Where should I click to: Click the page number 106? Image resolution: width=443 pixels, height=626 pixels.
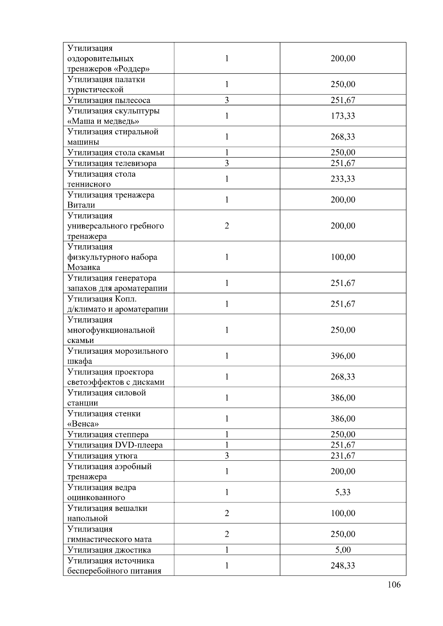pyautogui.click(x=394, y=584)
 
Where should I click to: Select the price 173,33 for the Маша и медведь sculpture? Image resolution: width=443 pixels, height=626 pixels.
pyautogui.click(x=343, y=116)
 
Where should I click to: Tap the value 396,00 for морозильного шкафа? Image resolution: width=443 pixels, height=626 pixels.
pyautogui.click(x=343, y=356)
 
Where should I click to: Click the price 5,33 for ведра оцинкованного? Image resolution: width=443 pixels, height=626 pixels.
pyautogui.click(x=343, y=492)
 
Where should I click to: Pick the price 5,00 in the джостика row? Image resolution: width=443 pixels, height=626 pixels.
pyautogui.click(x=343, y=550)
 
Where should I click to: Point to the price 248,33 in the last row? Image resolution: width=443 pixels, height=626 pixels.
pyautogui.click(x=343, y=566)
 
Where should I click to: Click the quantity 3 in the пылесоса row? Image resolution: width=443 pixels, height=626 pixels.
pyautogui.click(x=227, y=100)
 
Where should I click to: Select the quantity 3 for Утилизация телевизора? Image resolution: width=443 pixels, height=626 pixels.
pyautogui.click(x=227, y=163)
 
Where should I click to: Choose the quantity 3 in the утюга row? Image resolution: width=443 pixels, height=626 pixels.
pyautogui.click(x=227, y=456)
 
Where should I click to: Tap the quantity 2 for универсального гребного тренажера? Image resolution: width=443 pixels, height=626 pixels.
pyautogui.click(x=227, y=226)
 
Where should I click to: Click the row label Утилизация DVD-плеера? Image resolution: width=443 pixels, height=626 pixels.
pyautogui.click(x=115, y=445)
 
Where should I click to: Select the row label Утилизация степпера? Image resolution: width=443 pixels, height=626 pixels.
pyautogui.click(x=108, y=435)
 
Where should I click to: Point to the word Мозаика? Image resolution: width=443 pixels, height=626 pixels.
pyautogui.click(x=83, y=267)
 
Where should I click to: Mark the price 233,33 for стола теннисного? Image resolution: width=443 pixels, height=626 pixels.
pyautogui.click(x=343, y=179)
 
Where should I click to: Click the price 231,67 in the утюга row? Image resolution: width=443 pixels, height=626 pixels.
pyautogui.click(x=343, y=456)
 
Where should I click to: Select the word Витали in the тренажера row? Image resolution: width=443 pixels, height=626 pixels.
pyautogui.click(x=81, y=205)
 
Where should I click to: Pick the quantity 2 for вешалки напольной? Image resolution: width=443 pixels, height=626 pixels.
pyautogui.click(x=227, y=513)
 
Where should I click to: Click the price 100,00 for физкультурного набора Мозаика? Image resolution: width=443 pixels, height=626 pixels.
pyautogui.click(x=343, y=257)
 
